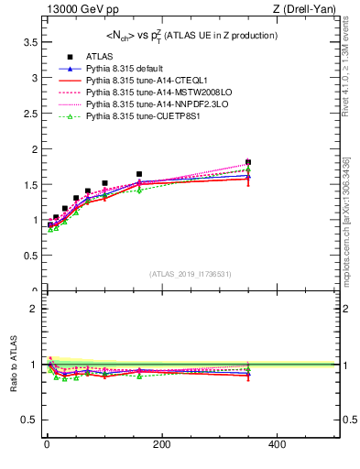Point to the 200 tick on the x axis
point(161,445)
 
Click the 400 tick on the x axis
point(277,445)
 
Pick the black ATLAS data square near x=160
point(139,174)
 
